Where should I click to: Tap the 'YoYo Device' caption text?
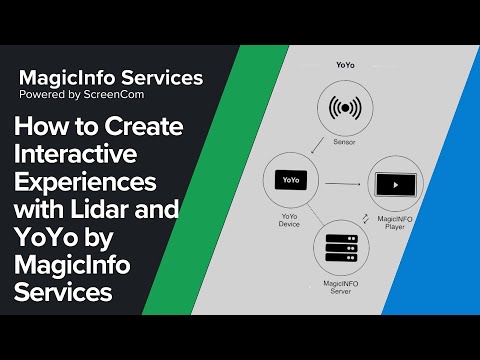289,221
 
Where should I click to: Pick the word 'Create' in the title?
143,129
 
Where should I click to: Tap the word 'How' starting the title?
39,129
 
